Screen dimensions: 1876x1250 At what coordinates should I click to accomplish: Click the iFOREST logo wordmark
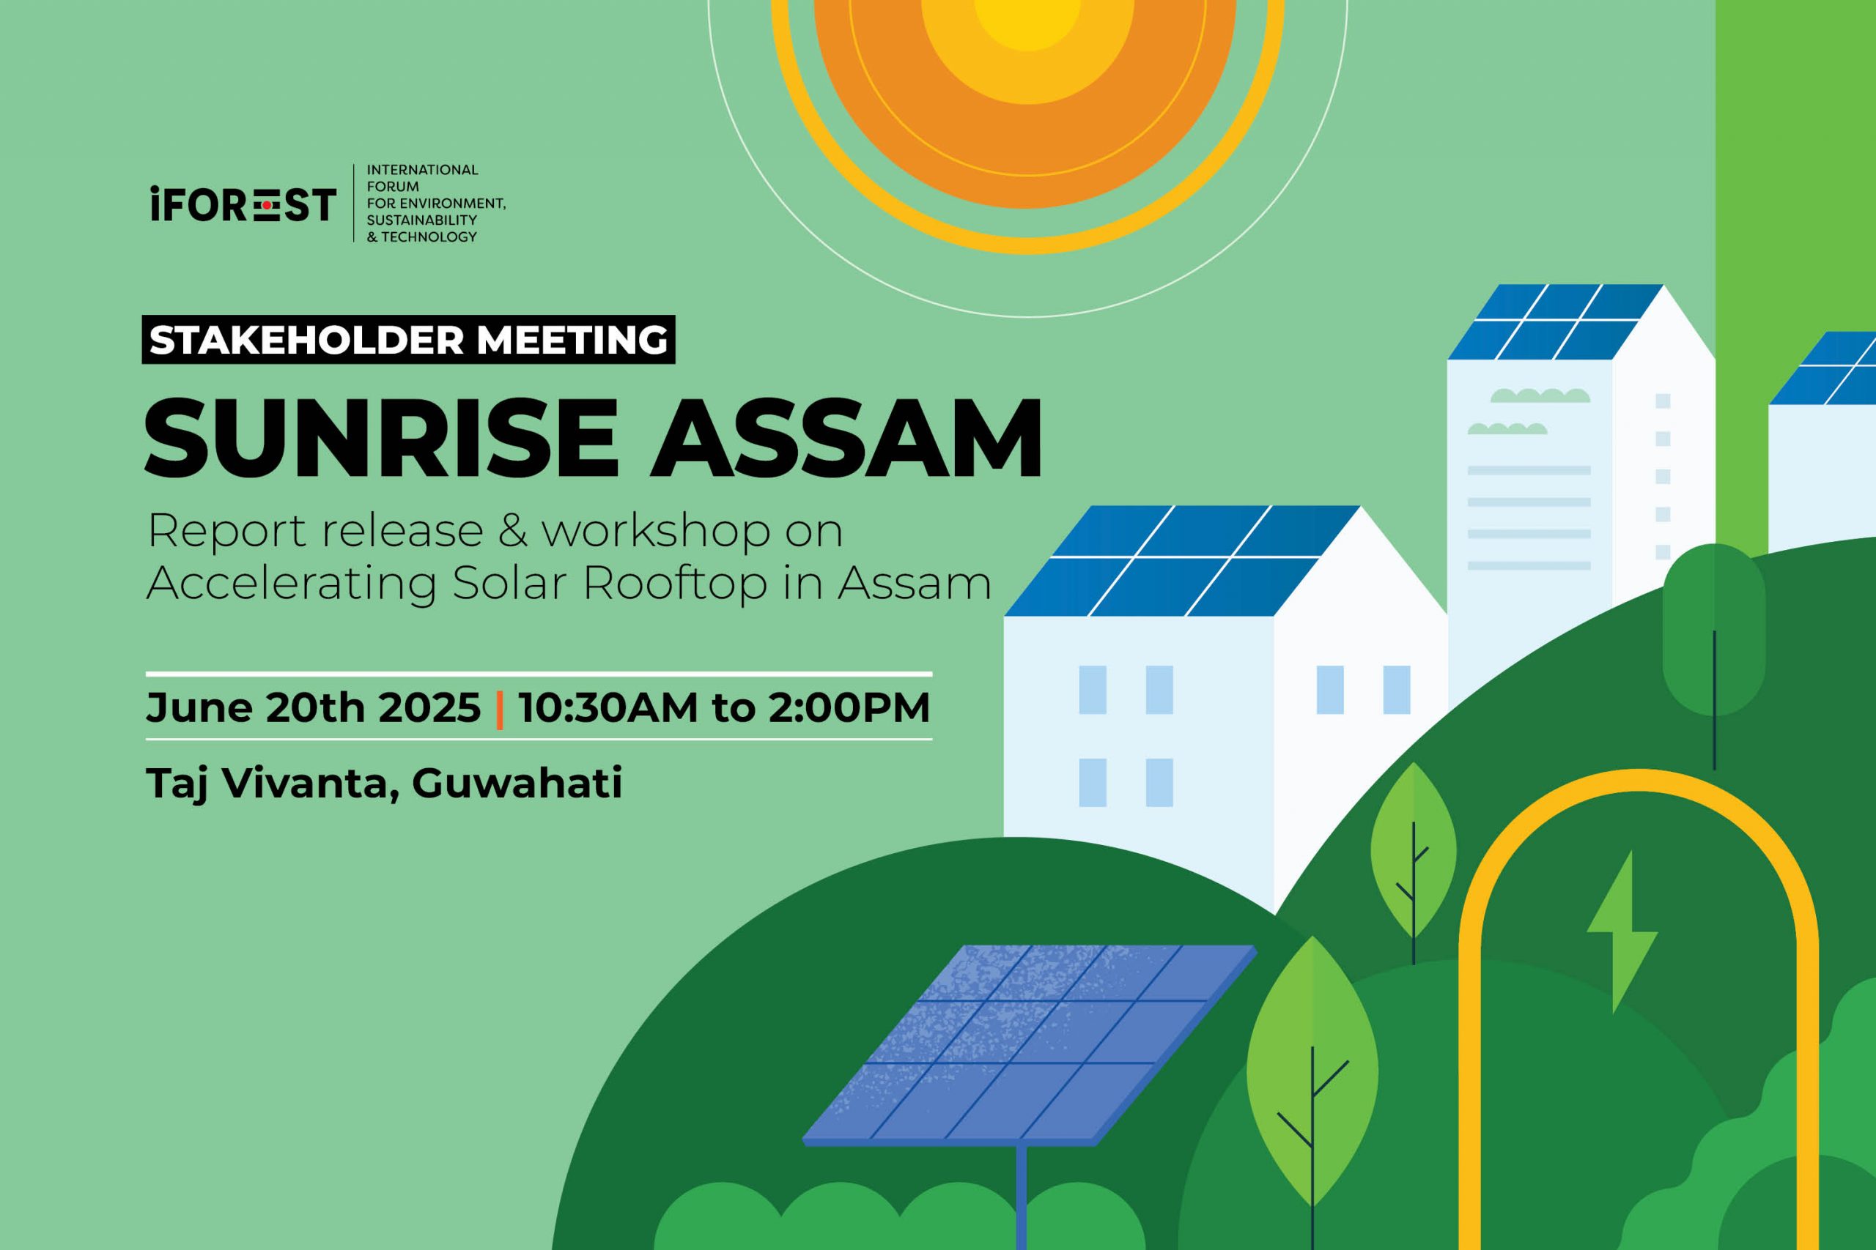pos(243,205)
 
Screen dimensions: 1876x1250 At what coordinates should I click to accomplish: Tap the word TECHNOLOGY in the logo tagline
pos(429,237)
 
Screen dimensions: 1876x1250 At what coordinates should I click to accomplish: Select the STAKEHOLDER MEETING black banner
pos(408,340)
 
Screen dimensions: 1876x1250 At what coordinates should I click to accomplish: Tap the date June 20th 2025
pos(314,707)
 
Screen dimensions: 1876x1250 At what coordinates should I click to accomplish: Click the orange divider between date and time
pos(499,709)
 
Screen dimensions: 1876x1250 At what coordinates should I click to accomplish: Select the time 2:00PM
pos(849,707)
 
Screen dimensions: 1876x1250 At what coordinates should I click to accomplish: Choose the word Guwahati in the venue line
pos(517,783)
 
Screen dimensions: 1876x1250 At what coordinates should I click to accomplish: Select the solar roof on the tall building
pos(1555,322)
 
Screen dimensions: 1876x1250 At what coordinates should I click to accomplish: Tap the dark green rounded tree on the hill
pos(1713,630)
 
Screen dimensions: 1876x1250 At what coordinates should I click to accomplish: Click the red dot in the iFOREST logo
pos(268,206)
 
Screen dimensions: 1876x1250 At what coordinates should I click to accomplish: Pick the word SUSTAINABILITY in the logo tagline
pos(422,220)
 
